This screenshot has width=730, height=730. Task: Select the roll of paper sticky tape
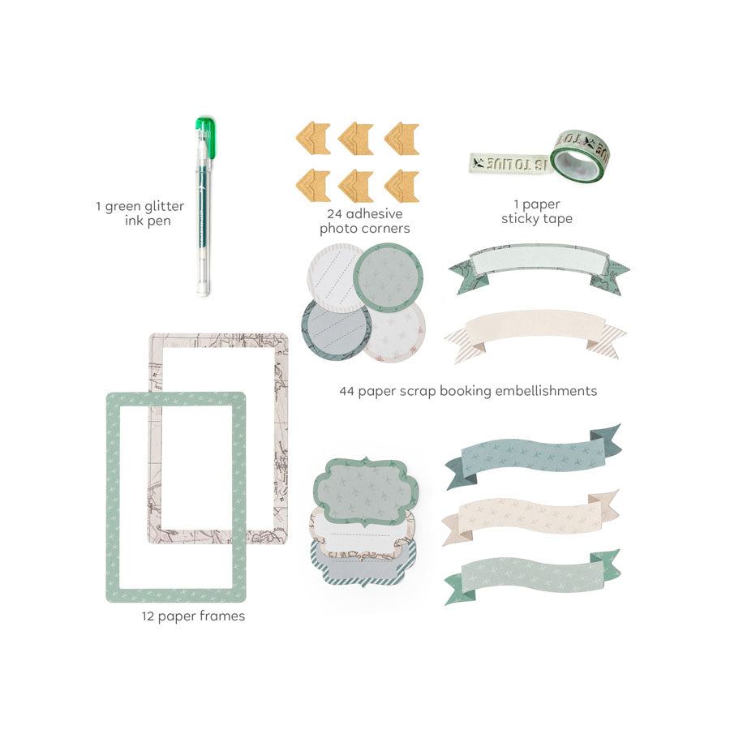pyautogui.click(x=580, y=157)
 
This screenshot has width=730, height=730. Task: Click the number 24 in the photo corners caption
pyautogui.click(x=334, y=213)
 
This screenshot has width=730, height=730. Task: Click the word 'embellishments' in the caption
pyautogui.click(x=546, y=391)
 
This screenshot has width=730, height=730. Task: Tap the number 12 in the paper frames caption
pyautogui.click(x=148, y=616)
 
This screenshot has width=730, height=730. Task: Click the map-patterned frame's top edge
pyautogui.click(x=218, y=340)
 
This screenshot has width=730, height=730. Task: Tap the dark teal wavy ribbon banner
pyautogui.click(x=533, y=456)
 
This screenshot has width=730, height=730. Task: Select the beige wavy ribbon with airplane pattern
pyautogui.click(x=530, y=517)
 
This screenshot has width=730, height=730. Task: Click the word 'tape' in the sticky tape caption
pyautogui.click(x=557, y=219)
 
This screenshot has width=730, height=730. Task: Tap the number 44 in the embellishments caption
pyautogui.click(x=347, y=391)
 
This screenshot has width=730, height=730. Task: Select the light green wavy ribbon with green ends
pyautogui.click(x=533, y=578)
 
